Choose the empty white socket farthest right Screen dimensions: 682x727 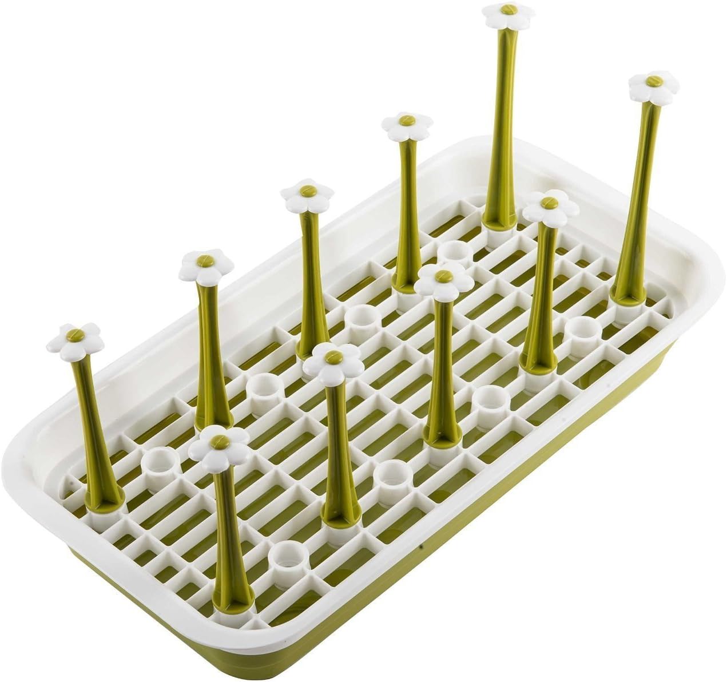583,332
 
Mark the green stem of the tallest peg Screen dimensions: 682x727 503,114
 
